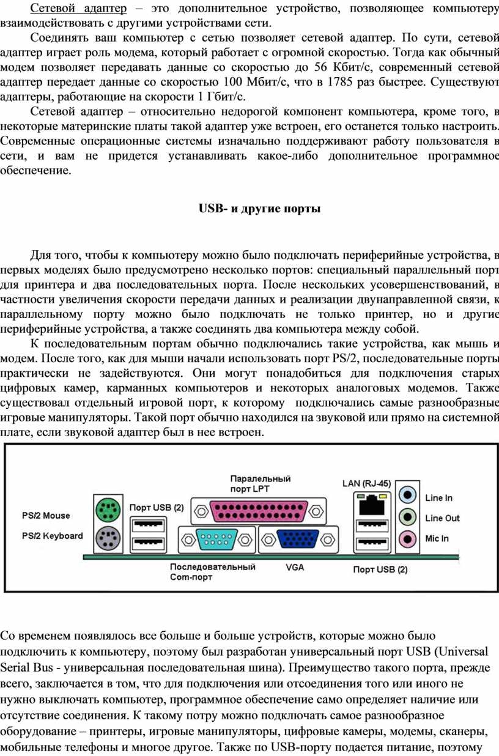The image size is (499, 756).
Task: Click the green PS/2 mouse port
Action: (108, 510)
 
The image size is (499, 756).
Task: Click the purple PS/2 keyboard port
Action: (108, 537)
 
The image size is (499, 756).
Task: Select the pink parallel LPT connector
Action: (259, 511)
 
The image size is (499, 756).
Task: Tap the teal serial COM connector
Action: (216, 539)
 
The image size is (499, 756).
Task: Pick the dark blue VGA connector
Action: (298, 539)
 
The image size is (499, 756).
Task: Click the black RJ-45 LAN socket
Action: (372, 505)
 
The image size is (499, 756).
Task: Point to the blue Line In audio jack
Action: (407, 495)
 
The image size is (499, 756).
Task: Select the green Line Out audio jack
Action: (407, 516)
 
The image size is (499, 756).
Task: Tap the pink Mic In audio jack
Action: (407, 538)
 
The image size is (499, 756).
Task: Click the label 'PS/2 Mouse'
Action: (46, 516)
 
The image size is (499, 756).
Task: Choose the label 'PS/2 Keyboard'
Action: (53, 536)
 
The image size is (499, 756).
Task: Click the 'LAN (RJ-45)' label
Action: (366, 483)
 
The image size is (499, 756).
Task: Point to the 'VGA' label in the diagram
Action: (295, 568)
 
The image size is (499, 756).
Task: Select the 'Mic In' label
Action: (437, 538)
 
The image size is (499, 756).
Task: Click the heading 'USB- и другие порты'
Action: (259, 209)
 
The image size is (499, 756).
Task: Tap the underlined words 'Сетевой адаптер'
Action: (78, 8)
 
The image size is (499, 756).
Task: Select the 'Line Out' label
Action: (442, 518)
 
